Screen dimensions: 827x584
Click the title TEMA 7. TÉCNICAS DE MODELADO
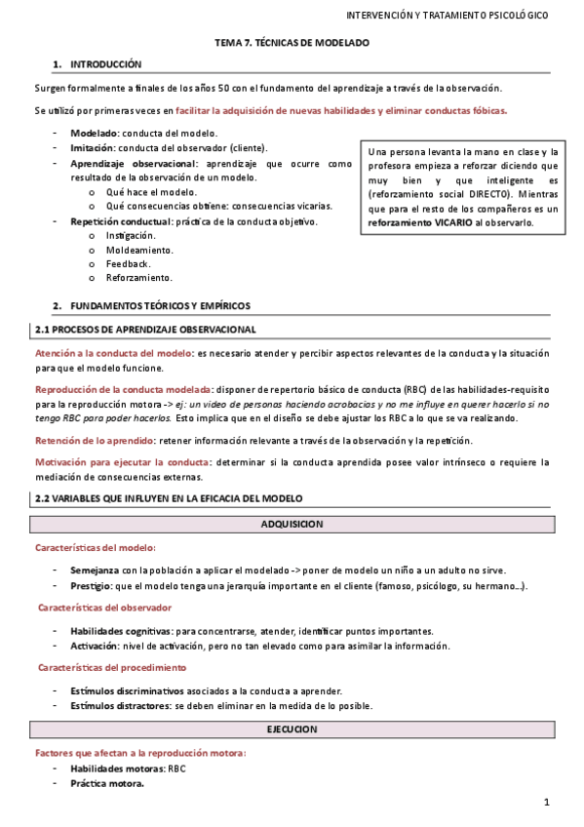click(x=292, y=43)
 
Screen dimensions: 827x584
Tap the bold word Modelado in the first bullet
click(x=94, y=133)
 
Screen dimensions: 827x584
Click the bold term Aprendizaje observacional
click(x=133, y=163)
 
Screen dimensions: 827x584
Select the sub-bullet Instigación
click(x=131, y=236)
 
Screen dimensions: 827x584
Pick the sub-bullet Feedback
click(x=129, y=264)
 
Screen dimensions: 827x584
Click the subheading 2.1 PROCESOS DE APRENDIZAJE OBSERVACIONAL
click(x=144, y=330)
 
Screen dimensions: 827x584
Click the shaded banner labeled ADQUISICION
click(x=292, y=524)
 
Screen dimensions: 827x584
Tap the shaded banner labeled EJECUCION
click(x=292, y=729)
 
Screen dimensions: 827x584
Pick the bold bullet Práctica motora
click(x=107, y=783)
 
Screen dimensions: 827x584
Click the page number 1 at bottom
click(x=547, y=803)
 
